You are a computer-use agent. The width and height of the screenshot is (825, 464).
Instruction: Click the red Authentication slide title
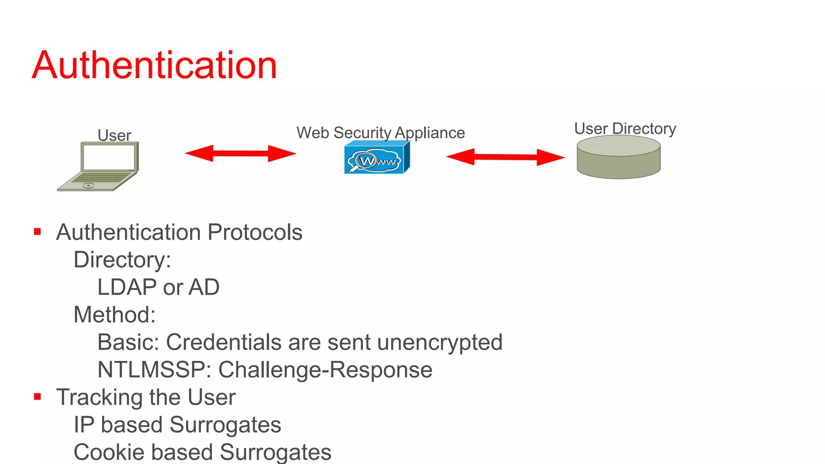pos(155,65)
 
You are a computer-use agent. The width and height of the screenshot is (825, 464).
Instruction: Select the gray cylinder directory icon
pos(618,157)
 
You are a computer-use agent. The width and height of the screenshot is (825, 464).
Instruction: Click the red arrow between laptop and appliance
pos(240,153)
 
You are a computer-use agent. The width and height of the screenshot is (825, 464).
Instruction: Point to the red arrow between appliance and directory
pos(505,157)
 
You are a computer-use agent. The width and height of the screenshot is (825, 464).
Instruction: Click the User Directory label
pos(625,128)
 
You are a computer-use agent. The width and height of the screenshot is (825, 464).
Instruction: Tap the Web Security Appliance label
pos(380,133)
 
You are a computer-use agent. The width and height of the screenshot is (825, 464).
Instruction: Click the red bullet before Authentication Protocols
pos(37,232)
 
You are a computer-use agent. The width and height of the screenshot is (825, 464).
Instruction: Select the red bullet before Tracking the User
pos(37,397)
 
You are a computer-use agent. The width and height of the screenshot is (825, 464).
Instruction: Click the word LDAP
pos(127,288)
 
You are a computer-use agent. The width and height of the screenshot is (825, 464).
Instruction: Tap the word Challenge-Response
pos(325,370)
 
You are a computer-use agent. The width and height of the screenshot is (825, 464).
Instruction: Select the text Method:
pos(114,315)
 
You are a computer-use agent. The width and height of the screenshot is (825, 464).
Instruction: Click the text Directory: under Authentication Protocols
pos(122,260)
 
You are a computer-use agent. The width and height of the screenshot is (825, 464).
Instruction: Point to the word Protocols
pos(255,232)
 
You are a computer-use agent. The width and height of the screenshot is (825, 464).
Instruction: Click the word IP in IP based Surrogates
pos(84,425)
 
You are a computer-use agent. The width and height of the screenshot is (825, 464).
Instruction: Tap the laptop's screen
pos(109,157)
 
